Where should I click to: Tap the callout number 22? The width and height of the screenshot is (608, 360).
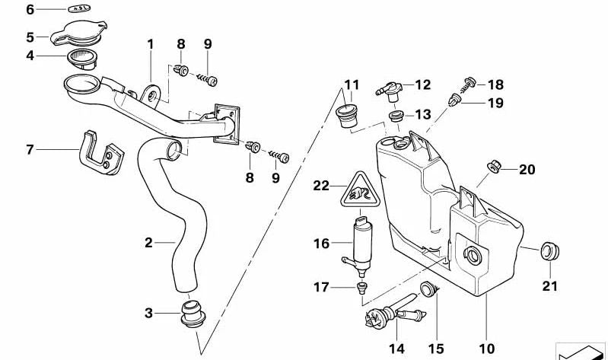pyautogui.click(x=323, y=186)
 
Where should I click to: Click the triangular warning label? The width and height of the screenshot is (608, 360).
pyautogui.click(x=356, y=190)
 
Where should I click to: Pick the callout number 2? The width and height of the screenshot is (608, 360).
pyautogui.click(x=149, y=243)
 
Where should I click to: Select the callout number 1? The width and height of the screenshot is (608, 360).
pyautogui.click(x=151, y=44)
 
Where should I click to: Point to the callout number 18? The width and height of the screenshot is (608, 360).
pyautogui.click(x=495, y=85)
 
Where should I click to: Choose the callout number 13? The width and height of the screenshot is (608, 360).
pyautogui.click(x=423, y=115)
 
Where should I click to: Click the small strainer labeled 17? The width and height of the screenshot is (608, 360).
pyautogui.click(x=362, y=287)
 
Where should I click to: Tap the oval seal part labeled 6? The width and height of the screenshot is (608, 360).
pyautogui.click(x=78, y=9)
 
